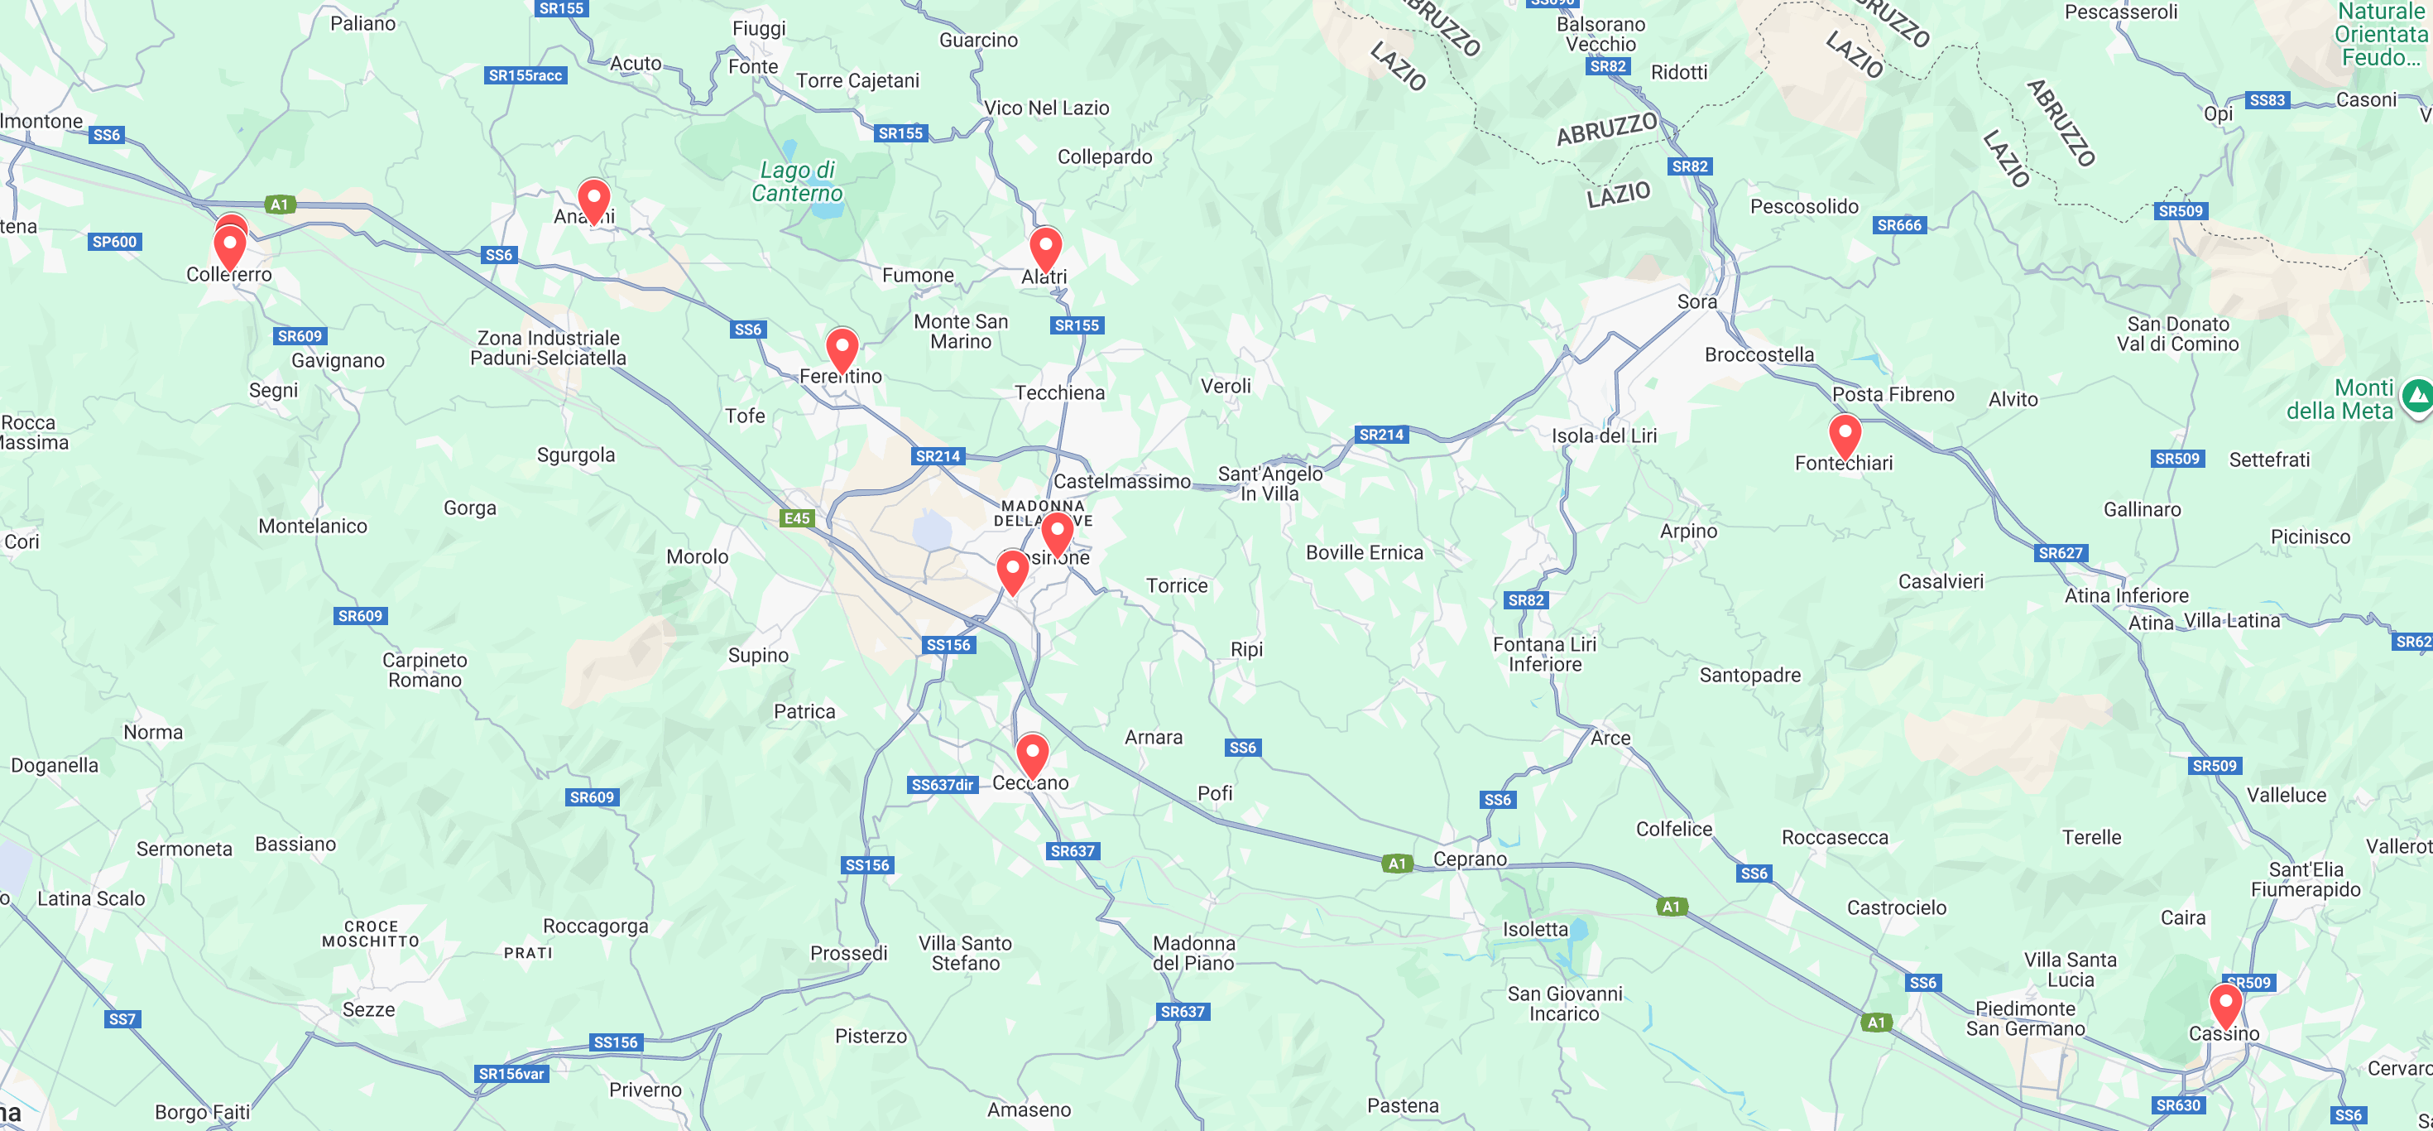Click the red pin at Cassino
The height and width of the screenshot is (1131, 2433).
[x=2225, y=1005]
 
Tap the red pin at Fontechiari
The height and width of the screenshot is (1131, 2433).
[x=1845, y=436]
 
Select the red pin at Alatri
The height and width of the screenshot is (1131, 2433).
[x=1044, y=249]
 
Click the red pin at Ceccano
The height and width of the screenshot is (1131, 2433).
[x=1032, y=756]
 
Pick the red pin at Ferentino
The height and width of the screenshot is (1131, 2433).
[x=842, y=349]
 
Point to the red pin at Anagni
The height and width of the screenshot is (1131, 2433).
[x=594, y=200]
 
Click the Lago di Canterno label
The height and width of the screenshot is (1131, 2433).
[x=797, y=181]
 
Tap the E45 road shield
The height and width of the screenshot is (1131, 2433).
[x=797, y=517]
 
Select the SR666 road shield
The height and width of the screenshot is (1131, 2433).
[x=1898, y=225]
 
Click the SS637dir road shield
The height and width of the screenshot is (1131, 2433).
[x=942, y=784]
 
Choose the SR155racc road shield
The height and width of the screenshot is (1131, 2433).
[x=525, y=75]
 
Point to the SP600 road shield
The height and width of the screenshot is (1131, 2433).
[x=114, y=242]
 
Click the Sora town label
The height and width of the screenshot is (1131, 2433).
[x=1696, y=301]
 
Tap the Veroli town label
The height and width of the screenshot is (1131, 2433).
[x=1225, y=386]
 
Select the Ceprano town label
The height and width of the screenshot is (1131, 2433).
[x=1470, y=858]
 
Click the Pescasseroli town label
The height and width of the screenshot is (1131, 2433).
[x=2120, y=12]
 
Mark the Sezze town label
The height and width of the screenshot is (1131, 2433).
[x=368, y=1009]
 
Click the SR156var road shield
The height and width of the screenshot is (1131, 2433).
[x=511, y=1073]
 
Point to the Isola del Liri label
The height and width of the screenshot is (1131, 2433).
[x=1604, y=436]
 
